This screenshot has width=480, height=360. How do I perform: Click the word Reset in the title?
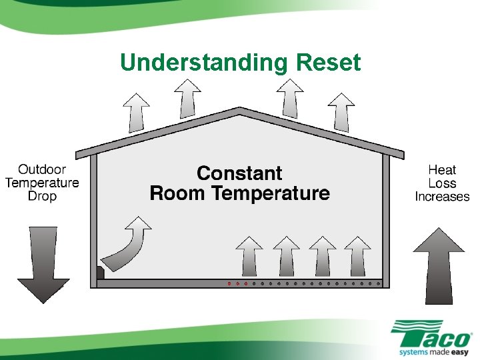tap(328, 63)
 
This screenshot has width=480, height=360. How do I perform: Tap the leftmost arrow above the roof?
tap(137, 113)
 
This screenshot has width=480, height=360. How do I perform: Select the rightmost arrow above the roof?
tap(341, 113)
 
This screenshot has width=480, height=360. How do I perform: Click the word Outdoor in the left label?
tap(42, 169)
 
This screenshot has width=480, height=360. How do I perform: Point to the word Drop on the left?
tap(42, 196)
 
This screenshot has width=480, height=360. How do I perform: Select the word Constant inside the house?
tap(239, 173)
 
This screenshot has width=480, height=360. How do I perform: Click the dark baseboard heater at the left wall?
tap(101, 273)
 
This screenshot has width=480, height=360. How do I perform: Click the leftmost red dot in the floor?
tap(229, 283)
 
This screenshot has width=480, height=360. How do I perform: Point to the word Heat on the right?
tap(442, 170)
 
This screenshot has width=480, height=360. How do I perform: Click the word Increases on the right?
tap(442, 197)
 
